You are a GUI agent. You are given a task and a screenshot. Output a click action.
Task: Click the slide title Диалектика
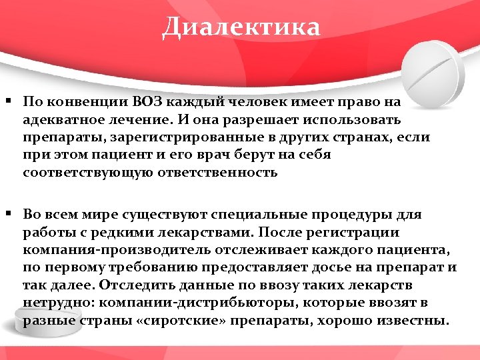(x=241, y=27)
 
